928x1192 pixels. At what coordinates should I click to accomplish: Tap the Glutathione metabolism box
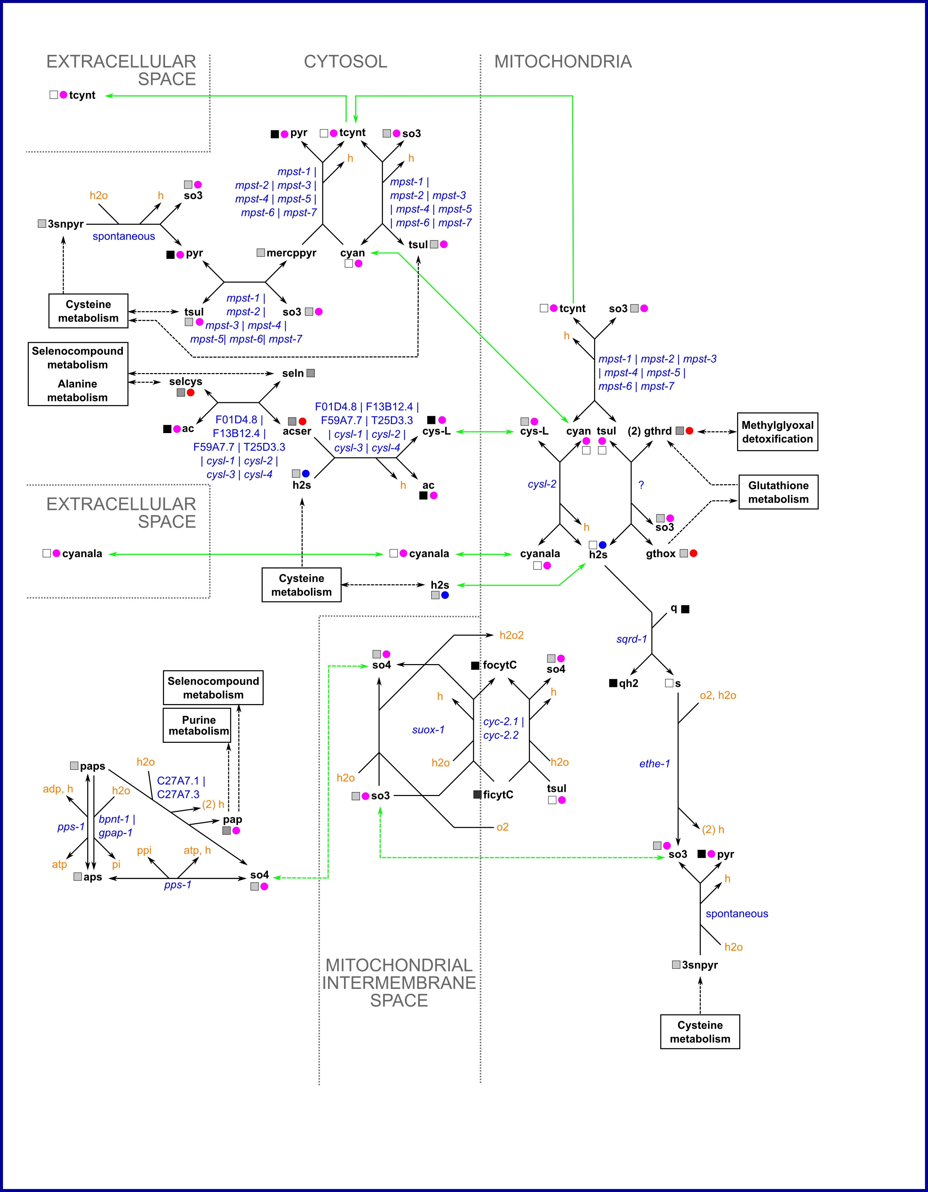tap(778, 492)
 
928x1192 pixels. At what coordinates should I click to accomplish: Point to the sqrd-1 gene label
tap(631, 639)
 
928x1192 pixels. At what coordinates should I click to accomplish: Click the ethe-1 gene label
tap(654, 763)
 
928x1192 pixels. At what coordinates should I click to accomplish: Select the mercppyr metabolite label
tap(291, 253)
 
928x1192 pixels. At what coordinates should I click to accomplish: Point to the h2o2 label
tap(511, 635)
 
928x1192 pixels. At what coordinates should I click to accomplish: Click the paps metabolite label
tap(92, 766)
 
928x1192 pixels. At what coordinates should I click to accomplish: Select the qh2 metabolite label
tap(628, 683)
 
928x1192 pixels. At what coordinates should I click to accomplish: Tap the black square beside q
tap(686, 609)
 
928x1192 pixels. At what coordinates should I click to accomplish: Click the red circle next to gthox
tap(694, 554)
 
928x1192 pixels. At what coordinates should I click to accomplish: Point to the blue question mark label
tap(641, 485)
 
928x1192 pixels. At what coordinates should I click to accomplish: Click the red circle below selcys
tap(191, 392)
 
